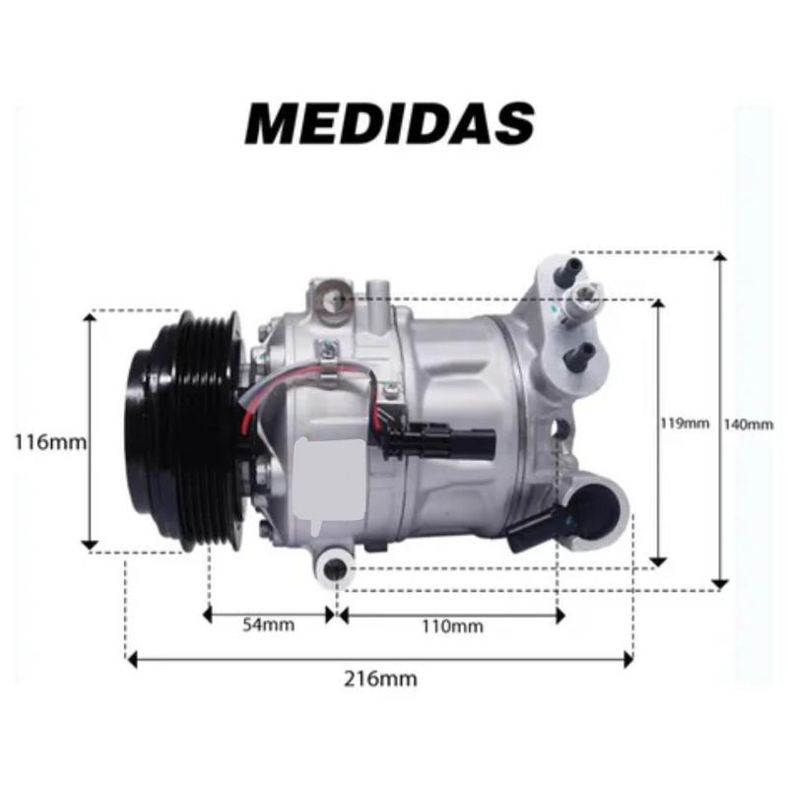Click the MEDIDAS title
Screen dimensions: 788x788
(x=390, y=124)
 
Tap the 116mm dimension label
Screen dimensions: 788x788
(x=50, y=442)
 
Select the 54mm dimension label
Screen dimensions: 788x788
(x=268, y=624)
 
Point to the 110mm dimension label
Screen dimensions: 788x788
(x=452, y=626)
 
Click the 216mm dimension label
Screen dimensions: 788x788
(x=380, y=679)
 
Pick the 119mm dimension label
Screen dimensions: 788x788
(x=685, y=424)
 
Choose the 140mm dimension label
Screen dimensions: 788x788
(x=749, y=425)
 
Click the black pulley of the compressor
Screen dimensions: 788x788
(x=183, y=431)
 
